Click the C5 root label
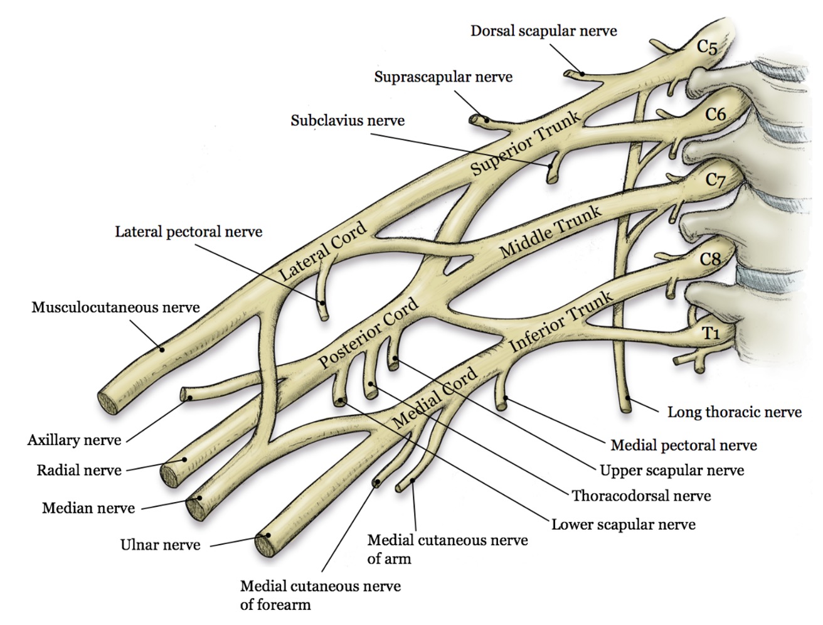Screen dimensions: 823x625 click(707, 48)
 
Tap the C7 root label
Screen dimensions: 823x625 click(715, 180)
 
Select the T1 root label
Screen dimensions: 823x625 click(711, 333)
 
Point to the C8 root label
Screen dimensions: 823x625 click(710, 259)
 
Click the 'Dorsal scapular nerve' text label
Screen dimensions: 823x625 click(544, 31)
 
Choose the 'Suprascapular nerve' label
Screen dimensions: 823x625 click(443, 77)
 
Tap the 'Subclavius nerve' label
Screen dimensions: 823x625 click(348, 120)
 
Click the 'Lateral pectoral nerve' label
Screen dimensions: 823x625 click(189, 232)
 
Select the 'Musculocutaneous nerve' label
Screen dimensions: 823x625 click(115, 307)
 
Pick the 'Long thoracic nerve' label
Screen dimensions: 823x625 click(735, 412)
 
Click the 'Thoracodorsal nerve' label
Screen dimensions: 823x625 click(641, 496)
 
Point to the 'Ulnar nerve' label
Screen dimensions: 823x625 click(161, 545)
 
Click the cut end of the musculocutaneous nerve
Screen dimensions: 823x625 click(109, 402)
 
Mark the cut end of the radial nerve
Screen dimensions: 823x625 click(170, 476)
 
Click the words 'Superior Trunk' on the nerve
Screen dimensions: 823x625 click(525, 144)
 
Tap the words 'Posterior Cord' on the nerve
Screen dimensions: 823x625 click(368, 333)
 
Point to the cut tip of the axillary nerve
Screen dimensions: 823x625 click(184, 395)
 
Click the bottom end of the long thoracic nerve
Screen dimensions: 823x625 click(627, 409)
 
